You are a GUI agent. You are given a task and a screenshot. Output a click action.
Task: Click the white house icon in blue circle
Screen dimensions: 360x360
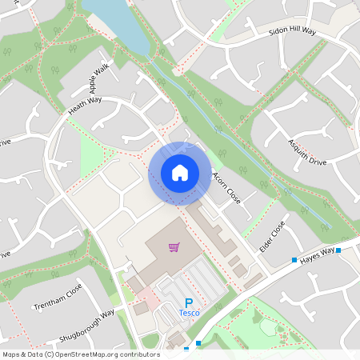tap(180, 173)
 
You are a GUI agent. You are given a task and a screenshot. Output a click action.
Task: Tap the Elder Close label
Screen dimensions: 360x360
tap(272, 238)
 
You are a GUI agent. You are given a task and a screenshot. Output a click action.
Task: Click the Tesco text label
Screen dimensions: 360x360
tap(190, 313)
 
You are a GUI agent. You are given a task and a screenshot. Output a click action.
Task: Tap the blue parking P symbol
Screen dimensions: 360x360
tap(189, 303)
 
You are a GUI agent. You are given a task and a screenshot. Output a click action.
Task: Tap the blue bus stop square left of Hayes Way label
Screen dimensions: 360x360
tap(294, 260)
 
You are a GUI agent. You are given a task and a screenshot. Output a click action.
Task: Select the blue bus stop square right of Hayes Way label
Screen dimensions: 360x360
tap(339, 250)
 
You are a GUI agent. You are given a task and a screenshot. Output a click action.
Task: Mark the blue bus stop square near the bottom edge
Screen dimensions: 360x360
tap(198, 342)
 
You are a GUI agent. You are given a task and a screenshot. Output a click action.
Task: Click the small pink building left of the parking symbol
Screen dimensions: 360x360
tap(142, 308)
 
